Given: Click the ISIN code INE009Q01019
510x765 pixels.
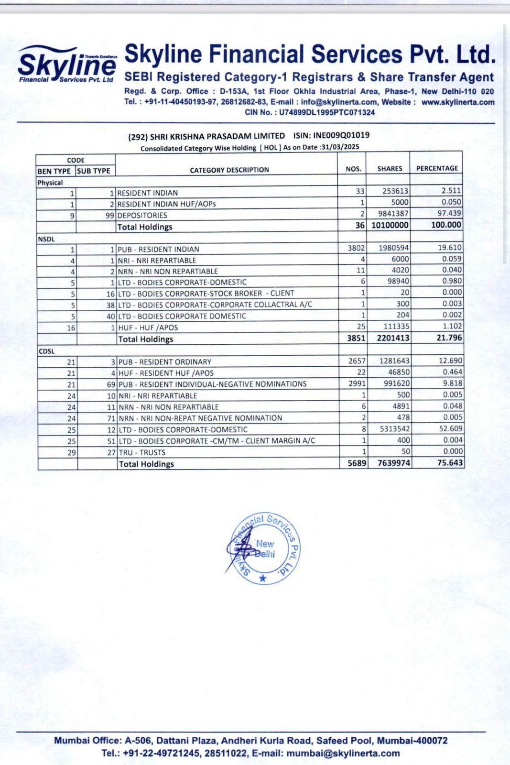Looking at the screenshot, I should (341, 135).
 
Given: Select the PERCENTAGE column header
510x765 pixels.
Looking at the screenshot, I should (437, 168).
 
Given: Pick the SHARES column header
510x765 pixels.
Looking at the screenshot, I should (390, 169).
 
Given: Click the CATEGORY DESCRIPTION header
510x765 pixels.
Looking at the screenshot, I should (229, 170).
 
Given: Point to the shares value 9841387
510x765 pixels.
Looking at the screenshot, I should (390, 214).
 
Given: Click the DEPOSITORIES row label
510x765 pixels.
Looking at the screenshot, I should (142, 215).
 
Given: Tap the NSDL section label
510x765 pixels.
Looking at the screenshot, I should (46, 239).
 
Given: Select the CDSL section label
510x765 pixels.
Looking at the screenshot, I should (46, 351).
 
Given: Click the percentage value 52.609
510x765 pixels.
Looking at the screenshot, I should (450, 429).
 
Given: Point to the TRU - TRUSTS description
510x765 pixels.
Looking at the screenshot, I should (142, 452).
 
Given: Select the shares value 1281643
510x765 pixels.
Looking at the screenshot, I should (394, 361).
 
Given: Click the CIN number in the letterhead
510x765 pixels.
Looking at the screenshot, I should (309, 113).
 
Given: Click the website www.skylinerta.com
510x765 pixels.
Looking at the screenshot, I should (457, 102).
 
